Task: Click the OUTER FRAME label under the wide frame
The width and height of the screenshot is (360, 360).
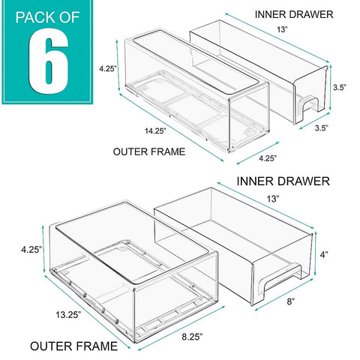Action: pyautogui.click(x=73, y=346)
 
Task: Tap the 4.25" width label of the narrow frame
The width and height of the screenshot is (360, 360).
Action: pyautogui.click(x=247, y=157)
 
